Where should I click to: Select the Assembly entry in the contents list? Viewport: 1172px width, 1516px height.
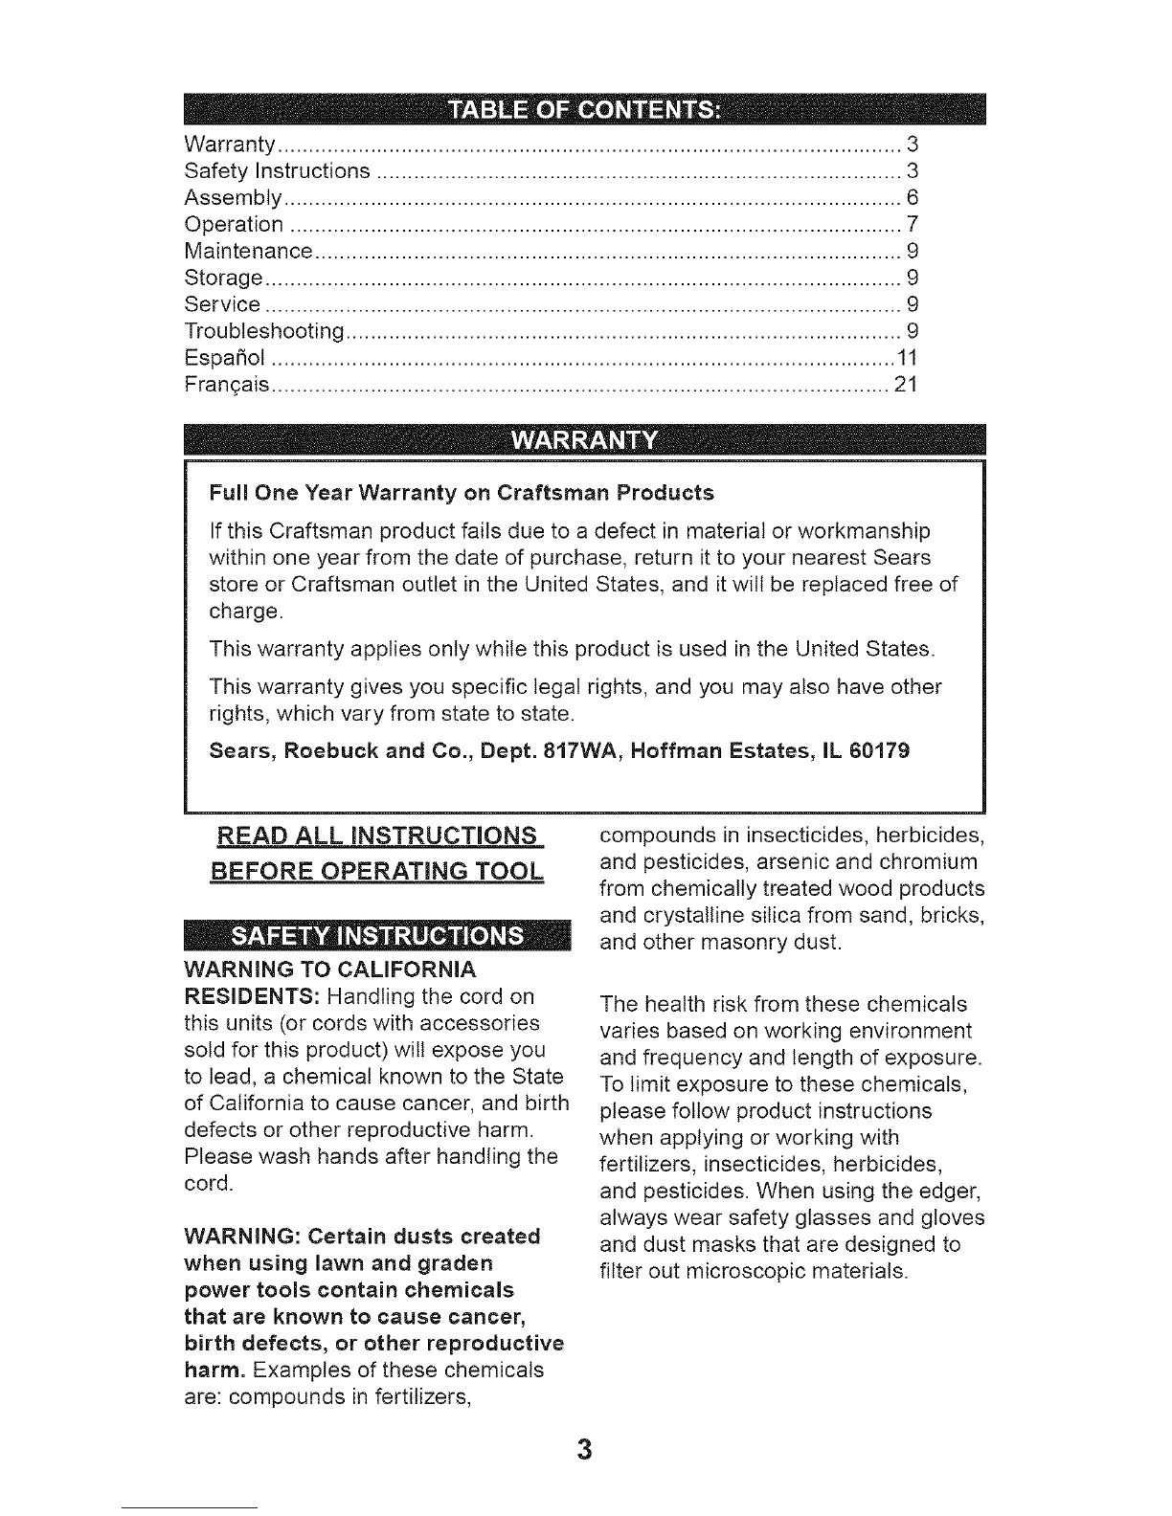click(x=232, y=198)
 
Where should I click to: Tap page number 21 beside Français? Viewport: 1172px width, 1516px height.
click(x=906, y=386)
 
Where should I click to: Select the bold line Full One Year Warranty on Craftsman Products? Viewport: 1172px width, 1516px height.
click(x=462, y=493)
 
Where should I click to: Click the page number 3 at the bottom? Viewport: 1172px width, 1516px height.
click(x=585, y=1449)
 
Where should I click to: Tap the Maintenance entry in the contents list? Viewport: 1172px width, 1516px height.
click(x=248, y=252)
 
